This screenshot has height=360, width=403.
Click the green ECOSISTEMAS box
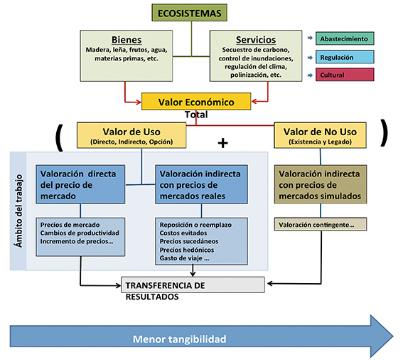click(x=190, y=13)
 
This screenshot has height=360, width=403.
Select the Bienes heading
click(x=127, y=40)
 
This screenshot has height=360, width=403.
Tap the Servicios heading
click(x=256, y=40)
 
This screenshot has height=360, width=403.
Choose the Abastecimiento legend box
click(x=345, y=38)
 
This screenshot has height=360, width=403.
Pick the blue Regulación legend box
click(x=345, y=57)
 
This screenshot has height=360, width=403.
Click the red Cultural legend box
click(x=345, y=75)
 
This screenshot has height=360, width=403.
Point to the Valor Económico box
click(x=196, y=102)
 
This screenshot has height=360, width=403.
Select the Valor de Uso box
click(x=131, y=135)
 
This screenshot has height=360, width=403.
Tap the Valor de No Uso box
click(x=320, y=135)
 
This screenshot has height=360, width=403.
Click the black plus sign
click(x=223, y=143)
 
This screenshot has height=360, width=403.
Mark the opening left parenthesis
click(x=60, y=138)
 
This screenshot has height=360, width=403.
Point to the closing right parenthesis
click(x=385, y=133)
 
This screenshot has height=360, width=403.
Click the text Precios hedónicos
click(x=187, y=250)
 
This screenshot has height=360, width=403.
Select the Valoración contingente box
click(x=321, y=224)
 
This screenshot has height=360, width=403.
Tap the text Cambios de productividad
click(x=80, y=233)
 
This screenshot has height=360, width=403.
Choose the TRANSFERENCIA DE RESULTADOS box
click(x=193, y=285)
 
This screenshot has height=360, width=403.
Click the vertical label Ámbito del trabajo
click(x=18, y=211)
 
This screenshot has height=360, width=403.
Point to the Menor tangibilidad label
click(x=179, y=339)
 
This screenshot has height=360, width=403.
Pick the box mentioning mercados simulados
click(x=321, y=184)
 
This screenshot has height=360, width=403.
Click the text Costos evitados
click(x=183, y=233)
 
